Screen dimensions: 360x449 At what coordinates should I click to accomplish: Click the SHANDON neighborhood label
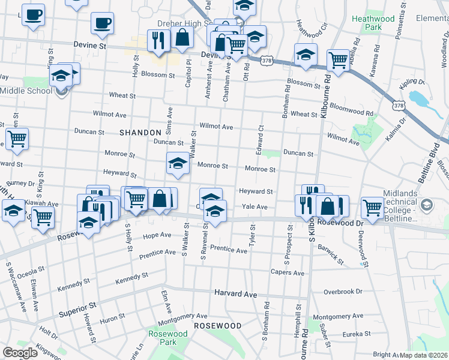pos(140,132)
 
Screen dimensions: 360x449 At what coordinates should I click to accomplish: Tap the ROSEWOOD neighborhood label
pos(217,325)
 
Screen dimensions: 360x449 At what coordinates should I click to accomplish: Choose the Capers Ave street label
pos(287,272)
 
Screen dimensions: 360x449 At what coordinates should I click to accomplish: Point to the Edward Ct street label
pos(261,139)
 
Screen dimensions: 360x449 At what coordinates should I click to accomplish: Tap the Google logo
pos(20,353)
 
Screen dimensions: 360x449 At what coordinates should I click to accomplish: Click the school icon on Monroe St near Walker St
pos(178,163)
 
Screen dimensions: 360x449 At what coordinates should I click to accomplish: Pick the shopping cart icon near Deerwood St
pos(373,208)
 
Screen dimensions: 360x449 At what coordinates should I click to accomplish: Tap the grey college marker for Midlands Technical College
pos(426,205)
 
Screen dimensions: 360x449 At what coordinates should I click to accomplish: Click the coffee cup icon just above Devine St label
pos(102,24)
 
